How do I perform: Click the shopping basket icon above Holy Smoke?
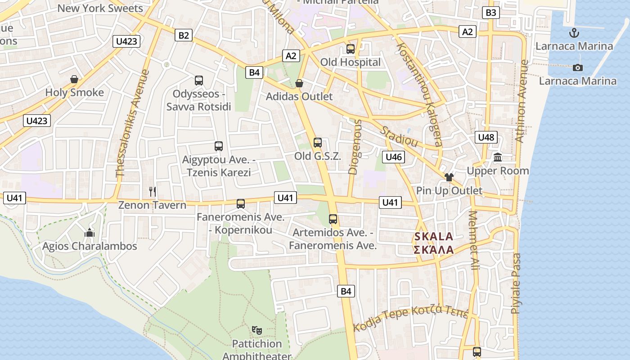point(74,80)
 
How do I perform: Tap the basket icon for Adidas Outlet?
point(299,83)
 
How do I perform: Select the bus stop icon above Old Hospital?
point(351,49)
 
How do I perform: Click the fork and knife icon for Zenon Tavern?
point(153,192)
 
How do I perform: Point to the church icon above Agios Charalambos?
point(90,233)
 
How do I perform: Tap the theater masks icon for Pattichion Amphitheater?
point(257,330)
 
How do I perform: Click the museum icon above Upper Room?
point(498,157)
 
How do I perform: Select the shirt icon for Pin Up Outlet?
point(449,177)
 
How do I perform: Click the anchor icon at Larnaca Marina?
point(574,32)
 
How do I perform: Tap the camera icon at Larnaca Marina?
point(578,68)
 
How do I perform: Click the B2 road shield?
point(184,35)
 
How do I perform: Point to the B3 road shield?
point(491,13)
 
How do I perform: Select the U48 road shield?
point(486,137)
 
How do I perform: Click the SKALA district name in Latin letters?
point(434,237)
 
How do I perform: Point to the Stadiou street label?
point(400,136)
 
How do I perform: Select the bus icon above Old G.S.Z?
point(318,143)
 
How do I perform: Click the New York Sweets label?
point(100,8)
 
